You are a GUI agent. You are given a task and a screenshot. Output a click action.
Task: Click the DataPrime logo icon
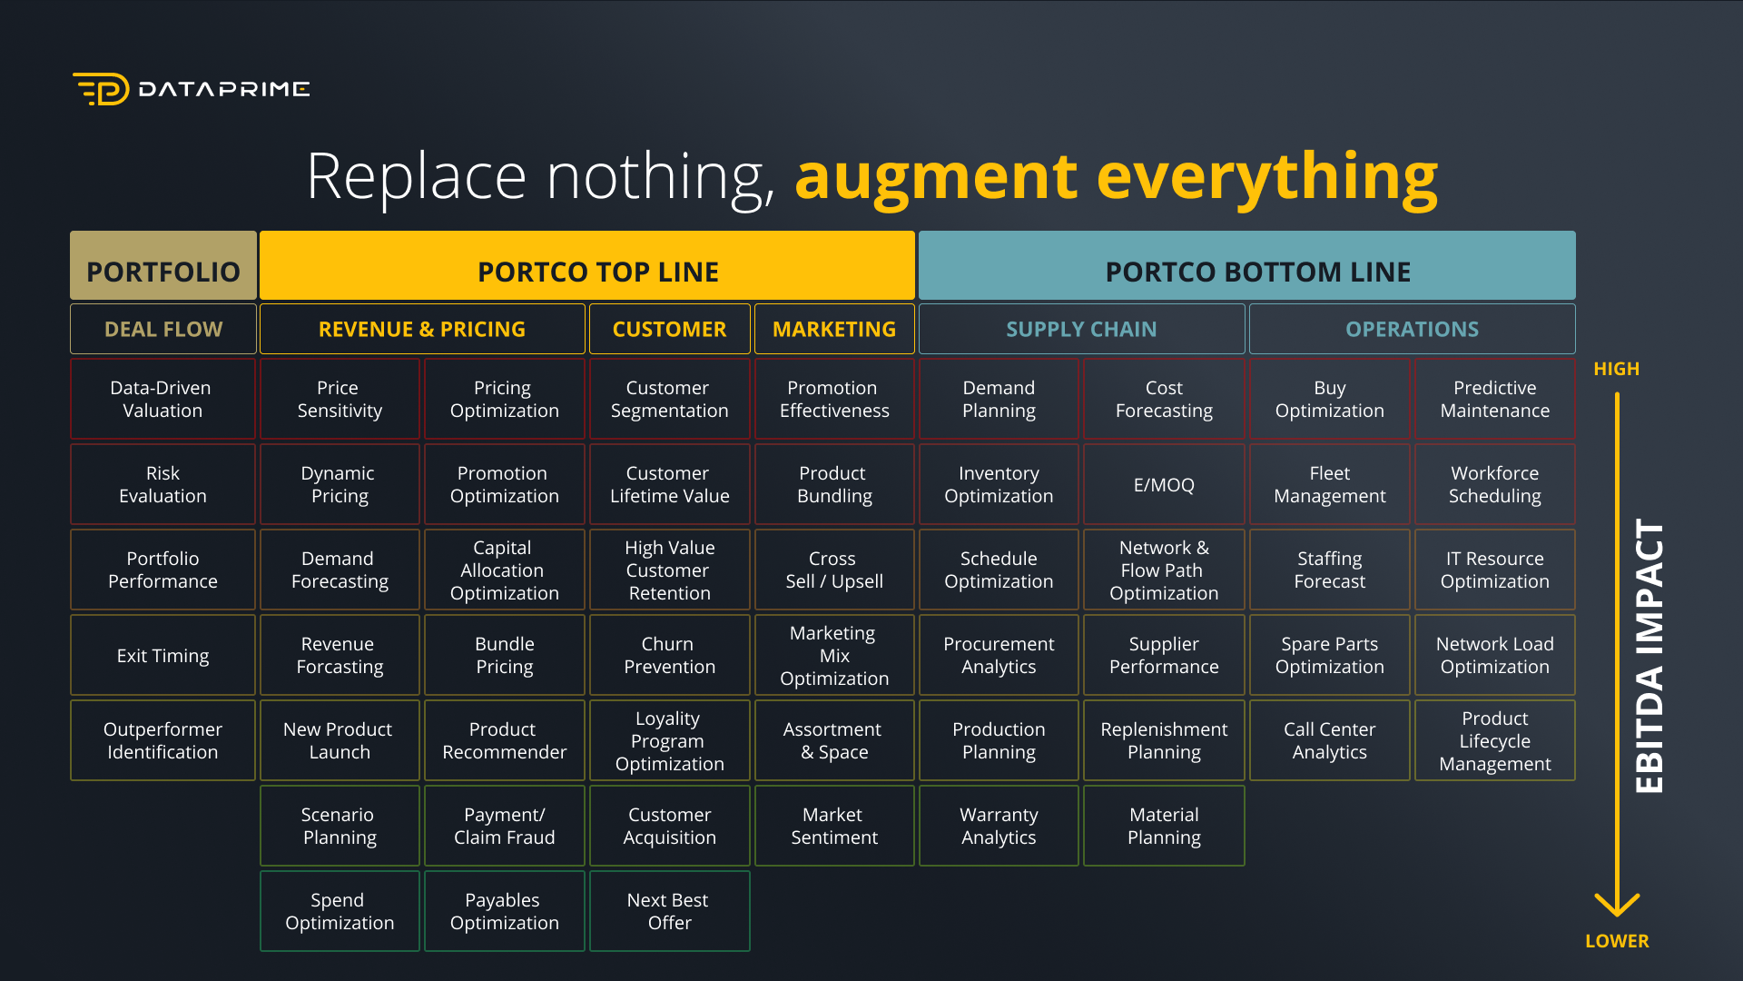click(x=101, y=89)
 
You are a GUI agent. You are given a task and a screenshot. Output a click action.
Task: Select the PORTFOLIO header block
click(x=163, y=265)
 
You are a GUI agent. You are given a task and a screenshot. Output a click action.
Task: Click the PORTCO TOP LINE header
click(x=587, y=265)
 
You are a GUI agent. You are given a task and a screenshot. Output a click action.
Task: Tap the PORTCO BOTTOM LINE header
click(x=1247, y=265)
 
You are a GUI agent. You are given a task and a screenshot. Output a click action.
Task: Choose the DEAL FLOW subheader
click(x=163, y=329)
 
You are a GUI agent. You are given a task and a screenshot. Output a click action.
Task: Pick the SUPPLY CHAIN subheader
click(x=1082, y=329)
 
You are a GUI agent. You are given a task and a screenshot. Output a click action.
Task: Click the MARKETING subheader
click(x=834, y=329)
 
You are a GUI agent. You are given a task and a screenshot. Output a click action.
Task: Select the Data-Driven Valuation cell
click(x=162, y=399)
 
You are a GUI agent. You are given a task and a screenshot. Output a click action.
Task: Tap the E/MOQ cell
click(x=1164, y=484)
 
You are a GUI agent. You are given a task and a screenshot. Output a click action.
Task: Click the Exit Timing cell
click(x=162, y=655)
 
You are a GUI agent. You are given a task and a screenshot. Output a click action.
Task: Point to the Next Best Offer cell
click(x=670, y=911)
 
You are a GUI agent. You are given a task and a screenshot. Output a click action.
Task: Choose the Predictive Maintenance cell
click(x=1495, y=399)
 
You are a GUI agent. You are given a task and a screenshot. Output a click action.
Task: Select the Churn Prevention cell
click(x=670, y=655)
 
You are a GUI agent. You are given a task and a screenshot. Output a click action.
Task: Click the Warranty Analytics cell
click(x=999, y=826)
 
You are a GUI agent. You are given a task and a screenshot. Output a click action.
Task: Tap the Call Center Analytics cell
click(x=1330, y=740)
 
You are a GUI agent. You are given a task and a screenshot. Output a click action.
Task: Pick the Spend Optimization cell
click(x=340, y=911)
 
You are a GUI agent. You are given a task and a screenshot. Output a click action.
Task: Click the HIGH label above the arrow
click(x=1617, y=369)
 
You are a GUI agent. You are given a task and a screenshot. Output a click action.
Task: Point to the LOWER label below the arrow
click(x=1617, y=941)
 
